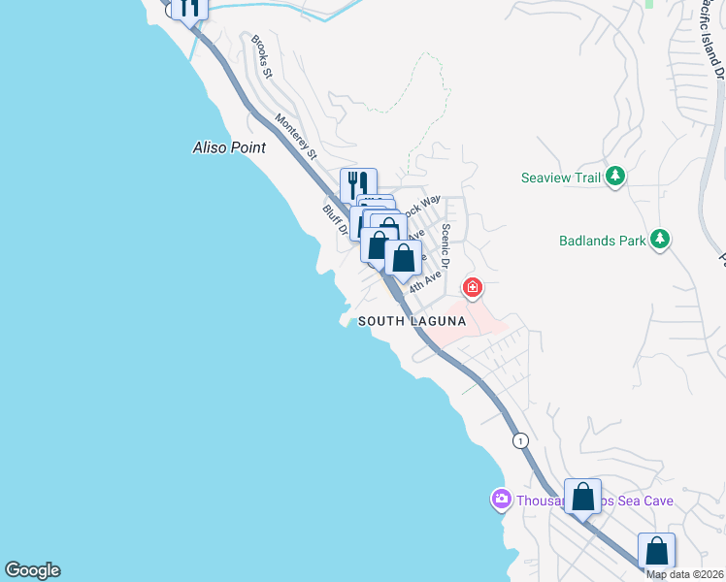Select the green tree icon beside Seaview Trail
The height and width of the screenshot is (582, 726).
614,177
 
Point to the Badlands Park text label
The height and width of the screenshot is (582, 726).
601,240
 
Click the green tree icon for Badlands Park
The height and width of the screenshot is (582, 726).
660,239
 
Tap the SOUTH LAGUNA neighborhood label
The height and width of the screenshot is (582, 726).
412,321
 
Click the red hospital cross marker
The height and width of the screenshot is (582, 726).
473,287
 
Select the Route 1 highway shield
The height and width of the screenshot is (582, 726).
521,439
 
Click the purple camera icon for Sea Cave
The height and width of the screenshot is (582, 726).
501,500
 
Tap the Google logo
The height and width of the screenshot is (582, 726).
32,570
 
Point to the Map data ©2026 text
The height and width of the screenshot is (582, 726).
685,574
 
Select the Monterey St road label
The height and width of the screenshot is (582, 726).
296,137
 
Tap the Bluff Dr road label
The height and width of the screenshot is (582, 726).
335,219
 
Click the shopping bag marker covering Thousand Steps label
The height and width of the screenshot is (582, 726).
582,497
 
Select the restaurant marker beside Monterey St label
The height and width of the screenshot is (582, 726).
358,183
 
